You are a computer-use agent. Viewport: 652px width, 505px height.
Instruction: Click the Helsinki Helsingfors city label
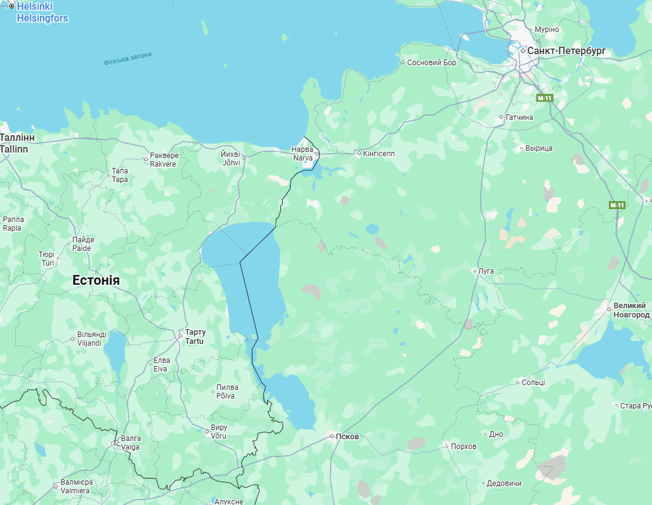tap(42, 12)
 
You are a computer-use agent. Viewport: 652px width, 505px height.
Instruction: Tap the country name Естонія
tap(96, 280)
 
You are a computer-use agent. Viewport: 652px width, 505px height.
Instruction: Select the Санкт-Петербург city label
tap(567, 51)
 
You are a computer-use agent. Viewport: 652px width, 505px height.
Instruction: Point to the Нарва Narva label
tap(302, 154)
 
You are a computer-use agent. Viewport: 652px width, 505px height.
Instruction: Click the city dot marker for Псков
tap(332, 436)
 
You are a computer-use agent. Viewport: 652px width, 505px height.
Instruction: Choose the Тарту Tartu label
tap(195, 336)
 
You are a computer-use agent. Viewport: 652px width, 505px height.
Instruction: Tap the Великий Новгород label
tap(629, 310)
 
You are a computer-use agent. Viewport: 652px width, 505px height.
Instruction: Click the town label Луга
tap(486, 271)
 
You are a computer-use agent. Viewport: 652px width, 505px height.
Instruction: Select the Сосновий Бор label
tap(432, 63)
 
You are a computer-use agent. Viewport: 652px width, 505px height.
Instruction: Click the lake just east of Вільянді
tap(115, 350)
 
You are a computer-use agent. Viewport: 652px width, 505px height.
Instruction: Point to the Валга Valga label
tap(131, 443)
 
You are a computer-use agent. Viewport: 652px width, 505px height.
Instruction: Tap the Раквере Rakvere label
tap(163, 160)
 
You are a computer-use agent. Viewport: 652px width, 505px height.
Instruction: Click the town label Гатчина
tap(519, 117)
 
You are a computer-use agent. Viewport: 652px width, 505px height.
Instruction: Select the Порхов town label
tap(464, 446)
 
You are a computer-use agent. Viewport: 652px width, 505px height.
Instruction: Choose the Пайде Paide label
tap(83, 244)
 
